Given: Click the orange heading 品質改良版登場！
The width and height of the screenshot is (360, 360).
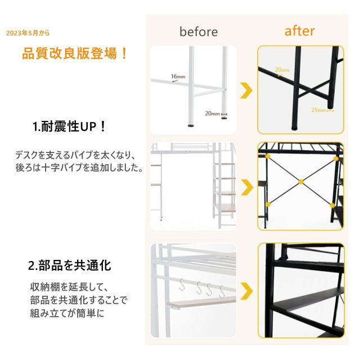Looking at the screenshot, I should [75, 55].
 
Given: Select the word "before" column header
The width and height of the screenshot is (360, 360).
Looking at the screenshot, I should [199, 31].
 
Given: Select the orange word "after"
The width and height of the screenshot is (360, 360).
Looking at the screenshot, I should [299, 30].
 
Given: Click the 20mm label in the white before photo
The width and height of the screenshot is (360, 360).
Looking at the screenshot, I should [212, 114].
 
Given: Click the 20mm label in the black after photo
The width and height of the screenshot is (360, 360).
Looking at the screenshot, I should [282, 70].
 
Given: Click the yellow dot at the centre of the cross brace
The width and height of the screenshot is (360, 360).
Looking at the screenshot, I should [301, 181].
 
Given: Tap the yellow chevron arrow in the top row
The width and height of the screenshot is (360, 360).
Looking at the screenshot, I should [246, 90].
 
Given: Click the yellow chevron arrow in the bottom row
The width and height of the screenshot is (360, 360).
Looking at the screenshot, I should [246, 292].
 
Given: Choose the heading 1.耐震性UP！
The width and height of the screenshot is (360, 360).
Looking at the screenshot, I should [70, 127].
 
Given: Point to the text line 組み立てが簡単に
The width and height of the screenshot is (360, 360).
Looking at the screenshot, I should [67, 313].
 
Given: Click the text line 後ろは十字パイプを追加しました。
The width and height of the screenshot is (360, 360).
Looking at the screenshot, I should [79, 168].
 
